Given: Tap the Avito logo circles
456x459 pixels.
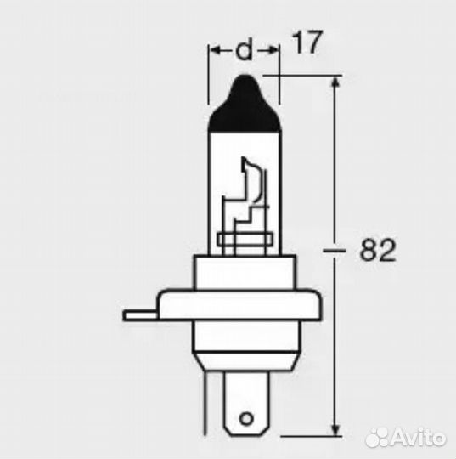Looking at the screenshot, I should [x=376, y=439].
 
